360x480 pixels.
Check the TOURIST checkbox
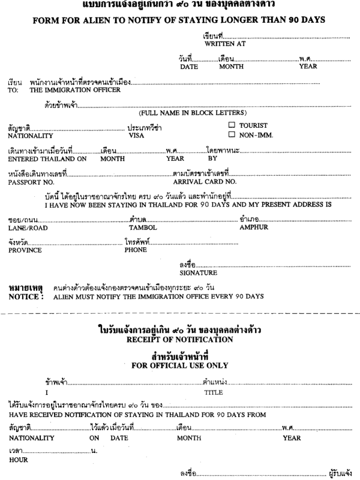click(232, 125)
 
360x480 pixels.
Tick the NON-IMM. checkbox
click(232, 134)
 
